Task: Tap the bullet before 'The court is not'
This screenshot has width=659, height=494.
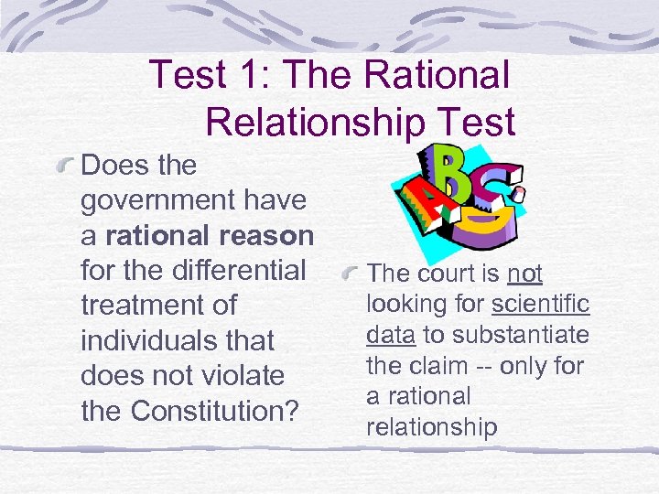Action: click(350, 274)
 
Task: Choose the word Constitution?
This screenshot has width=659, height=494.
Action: click(216, 411)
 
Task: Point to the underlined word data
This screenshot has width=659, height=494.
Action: click(389, 335)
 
